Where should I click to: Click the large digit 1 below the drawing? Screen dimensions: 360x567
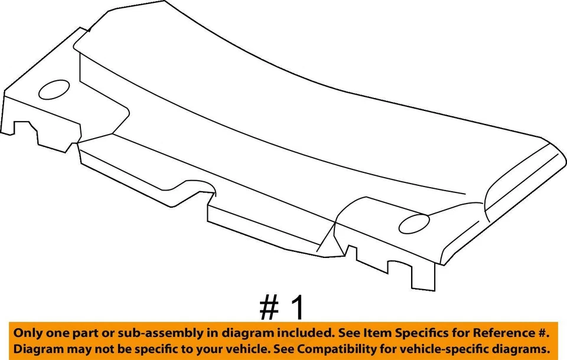pyautogui.click(x=298, y=308)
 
